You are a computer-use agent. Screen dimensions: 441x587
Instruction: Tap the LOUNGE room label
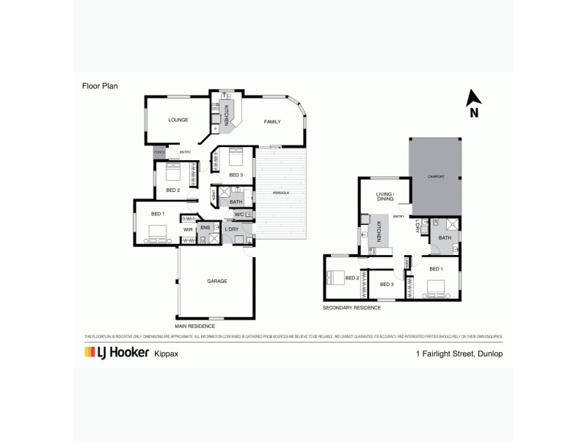click(x=178, y=120)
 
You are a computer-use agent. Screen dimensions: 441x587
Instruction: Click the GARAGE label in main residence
click(x=216, y=281)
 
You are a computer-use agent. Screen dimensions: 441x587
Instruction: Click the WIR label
click(x=188, y=230)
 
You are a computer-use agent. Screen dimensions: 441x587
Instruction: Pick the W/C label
click(x=239, y=215)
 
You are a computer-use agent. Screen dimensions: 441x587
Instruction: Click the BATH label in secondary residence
click(x=445, y=238)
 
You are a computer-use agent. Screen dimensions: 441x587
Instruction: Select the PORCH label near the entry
click(x=158, y=152)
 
